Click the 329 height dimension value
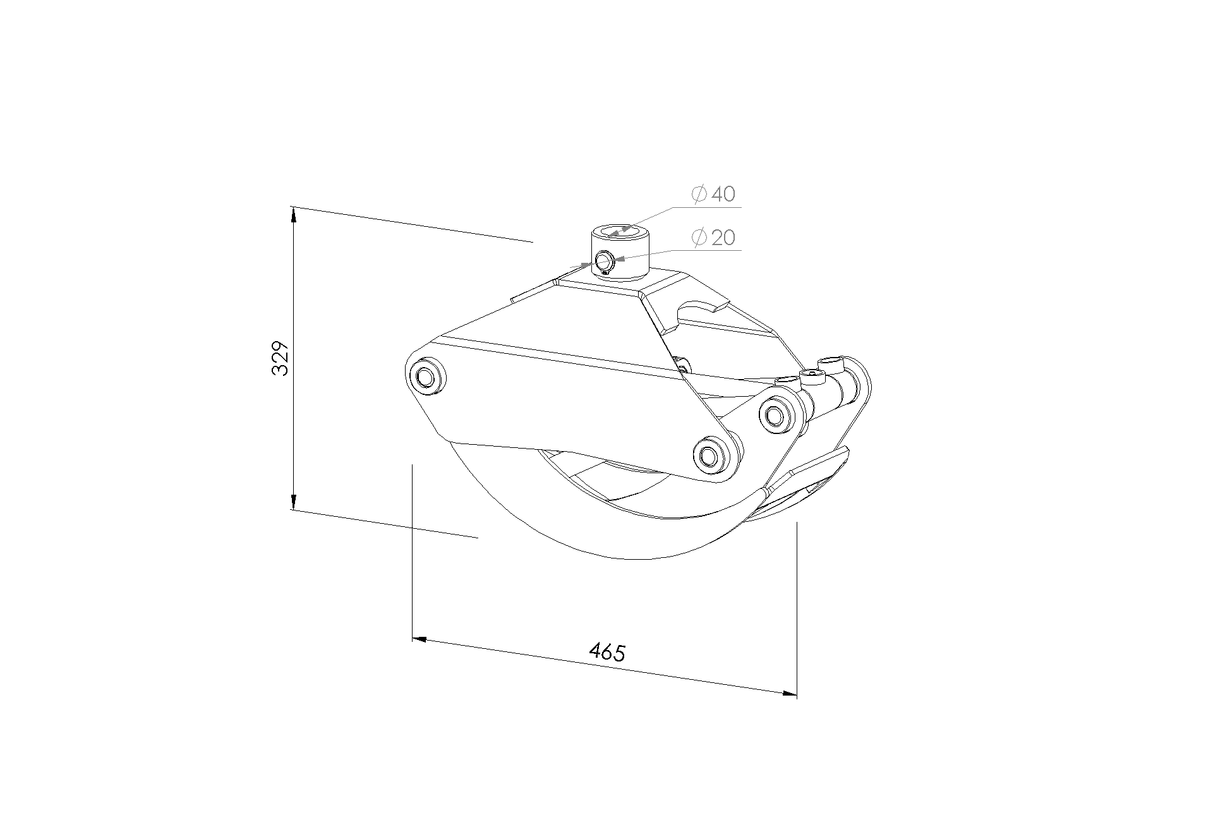tap(280, 358)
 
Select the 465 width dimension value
tap(607, 652)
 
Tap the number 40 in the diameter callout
tap(723, 194)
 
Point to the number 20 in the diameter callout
tap(723, 238)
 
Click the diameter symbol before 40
tap(699, 194)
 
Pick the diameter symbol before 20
tap(699, 238)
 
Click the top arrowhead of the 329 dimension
tap(293, 214)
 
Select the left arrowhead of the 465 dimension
tap(419, 639)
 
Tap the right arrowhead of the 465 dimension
tap(789, 694)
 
